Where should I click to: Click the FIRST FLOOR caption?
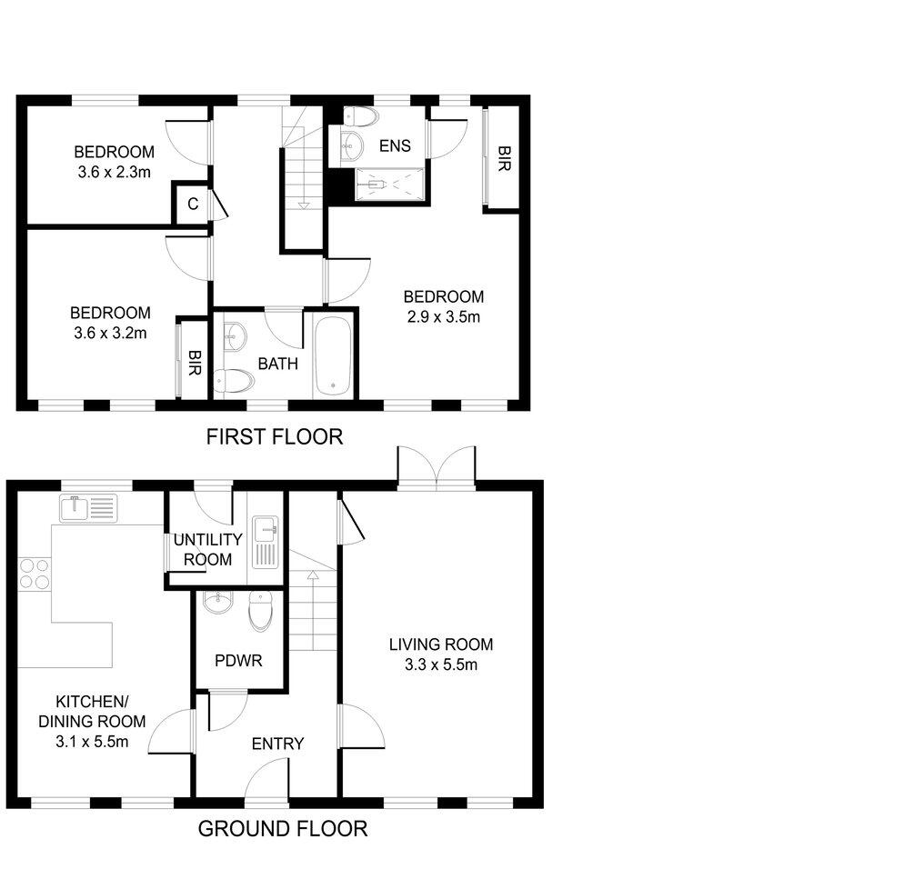click(274, 437)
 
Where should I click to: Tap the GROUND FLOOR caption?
click(283, 829)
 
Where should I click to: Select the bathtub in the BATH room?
click(335, 355)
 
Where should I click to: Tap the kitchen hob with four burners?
click(34, 574)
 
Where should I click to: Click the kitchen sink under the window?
click(88, 507)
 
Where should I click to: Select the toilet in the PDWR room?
click(260, 611)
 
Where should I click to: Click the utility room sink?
click(266, 525)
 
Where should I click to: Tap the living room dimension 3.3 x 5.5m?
click(441, 654)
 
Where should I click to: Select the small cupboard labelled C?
click(192, 205)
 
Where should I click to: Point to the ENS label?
click(395, 145)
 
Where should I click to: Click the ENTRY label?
click(277, 744)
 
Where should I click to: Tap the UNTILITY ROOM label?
click(207, 551)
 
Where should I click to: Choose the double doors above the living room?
click(436, 467)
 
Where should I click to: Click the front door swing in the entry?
click(264, 780)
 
